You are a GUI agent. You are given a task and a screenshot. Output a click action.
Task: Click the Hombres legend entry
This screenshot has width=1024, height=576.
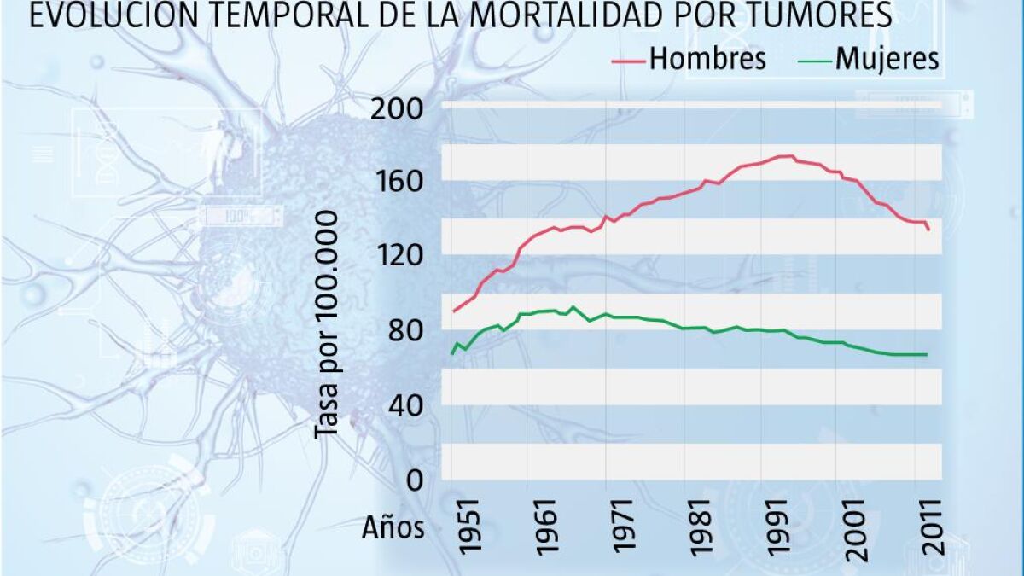tap(707, 59)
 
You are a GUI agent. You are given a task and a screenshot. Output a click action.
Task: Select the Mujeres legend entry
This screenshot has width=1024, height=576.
tap(887, 59)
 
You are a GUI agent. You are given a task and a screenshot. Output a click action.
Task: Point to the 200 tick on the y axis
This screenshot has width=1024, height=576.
tap(398, 109)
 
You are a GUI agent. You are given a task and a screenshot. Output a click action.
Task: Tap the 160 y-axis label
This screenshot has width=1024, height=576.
tap(398, 183)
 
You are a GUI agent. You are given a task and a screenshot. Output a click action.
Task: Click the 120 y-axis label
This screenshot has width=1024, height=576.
tap(398, 256)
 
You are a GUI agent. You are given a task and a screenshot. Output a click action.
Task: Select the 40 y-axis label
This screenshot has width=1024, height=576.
tap(406, 404)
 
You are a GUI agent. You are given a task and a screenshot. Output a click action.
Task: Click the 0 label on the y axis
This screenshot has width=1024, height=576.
tap(415, 480)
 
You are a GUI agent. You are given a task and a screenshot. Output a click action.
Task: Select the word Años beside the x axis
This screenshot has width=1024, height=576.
tap(393, 528)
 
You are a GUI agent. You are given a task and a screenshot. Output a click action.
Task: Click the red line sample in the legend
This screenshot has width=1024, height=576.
tap(630, 60)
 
